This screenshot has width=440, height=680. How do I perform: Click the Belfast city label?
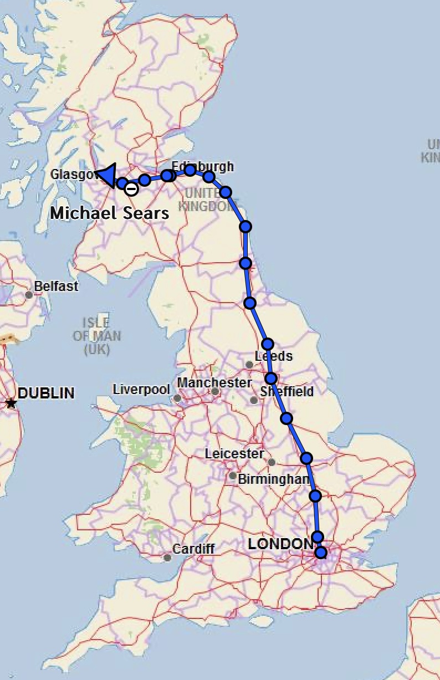tap(56, 287)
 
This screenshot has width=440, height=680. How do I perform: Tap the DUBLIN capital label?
tap(46, 393)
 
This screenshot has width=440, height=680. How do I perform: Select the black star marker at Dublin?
tap(11, 403)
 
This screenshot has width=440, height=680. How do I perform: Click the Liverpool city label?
tap(141, 390)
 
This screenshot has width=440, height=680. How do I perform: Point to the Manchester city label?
tap(214, 383)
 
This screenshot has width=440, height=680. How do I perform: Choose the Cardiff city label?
tap(193, 549)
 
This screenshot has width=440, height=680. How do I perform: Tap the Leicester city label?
tap(234, 454)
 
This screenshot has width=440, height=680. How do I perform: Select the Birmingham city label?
tap(274, 479)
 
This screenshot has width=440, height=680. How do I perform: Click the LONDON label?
tap(280, 544)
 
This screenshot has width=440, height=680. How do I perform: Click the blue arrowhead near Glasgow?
tap(106, 175)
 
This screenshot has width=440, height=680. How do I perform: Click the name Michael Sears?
tap(110, 213)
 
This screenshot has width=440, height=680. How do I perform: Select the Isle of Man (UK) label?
tap(96, 336)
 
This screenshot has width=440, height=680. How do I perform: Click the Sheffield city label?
tap(287, 392)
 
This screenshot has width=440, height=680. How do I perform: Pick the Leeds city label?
tap(274, 356)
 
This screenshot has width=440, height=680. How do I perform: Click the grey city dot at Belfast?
tap(29, 294)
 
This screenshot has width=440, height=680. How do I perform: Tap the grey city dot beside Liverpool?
tap(177, 398)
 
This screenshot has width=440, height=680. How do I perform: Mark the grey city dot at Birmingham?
tap(233, 476)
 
